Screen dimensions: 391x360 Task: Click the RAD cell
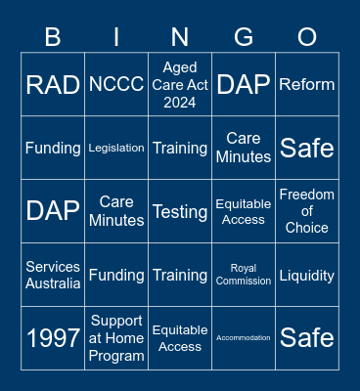point(53,85)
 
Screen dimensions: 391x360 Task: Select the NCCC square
point(116,85)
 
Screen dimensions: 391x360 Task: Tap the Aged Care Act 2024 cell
point(180,85)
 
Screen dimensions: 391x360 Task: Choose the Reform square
point(307,85)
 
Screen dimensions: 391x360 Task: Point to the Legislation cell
point(116,148)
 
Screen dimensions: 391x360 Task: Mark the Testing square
point(180,211)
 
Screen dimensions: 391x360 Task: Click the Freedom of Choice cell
point(307,211)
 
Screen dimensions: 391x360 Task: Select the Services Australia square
point(53,275)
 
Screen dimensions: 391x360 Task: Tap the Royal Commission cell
point(244,275)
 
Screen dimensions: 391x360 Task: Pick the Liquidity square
point(307,275)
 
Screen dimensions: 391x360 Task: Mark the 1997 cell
point(53,338)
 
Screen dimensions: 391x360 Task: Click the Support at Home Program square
point(116,338)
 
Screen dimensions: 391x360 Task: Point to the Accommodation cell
point(244,338)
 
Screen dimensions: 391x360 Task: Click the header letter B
point(53,37)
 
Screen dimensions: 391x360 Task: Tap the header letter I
point(116,37)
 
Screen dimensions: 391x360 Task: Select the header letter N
point(180,37)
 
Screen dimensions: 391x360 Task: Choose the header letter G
point(244,37)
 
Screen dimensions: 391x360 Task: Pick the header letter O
point(307,37)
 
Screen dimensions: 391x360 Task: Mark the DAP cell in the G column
point(244,85)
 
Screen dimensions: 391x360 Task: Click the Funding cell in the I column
point(116,275)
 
